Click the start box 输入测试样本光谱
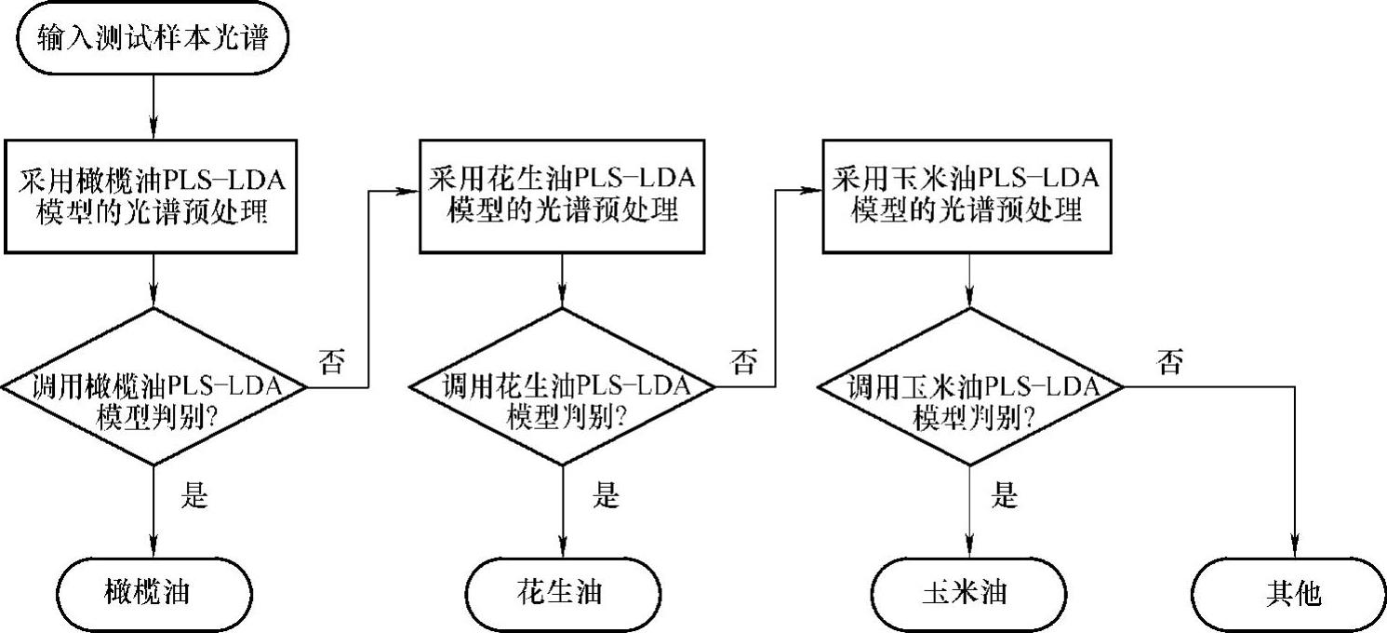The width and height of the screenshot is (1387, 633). click(151, 39)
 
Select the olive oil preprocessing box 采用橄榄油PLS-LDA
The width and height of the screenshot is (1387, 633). click(151, 195)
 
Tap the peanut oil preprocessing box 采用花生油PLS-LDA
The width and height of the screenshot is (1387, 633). click(561, 195)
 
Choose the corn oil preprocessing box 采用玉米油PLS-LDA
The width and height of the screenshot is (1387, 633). click(970, 195)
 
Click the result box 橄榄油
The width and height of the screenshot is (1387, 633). click(153, 593)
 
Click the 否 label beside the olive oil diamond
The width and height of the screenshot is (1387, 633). click(332, 362)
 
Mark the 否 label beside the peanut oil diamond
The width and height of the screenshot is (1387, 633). click(743, 362)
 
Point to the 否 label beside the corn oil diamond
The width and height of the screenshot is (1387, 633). click(1170, 362)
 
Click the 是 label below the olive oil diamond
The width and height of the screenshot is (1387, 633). click(193, 496)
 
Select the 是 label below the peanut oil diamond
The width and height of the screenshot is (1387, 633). click(605, 496)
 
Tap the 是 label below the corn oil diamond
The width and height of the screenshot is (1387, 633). click(1005, 496)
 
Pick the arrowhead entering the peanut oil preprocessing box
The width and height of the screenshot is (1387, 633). click(409, 191)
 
